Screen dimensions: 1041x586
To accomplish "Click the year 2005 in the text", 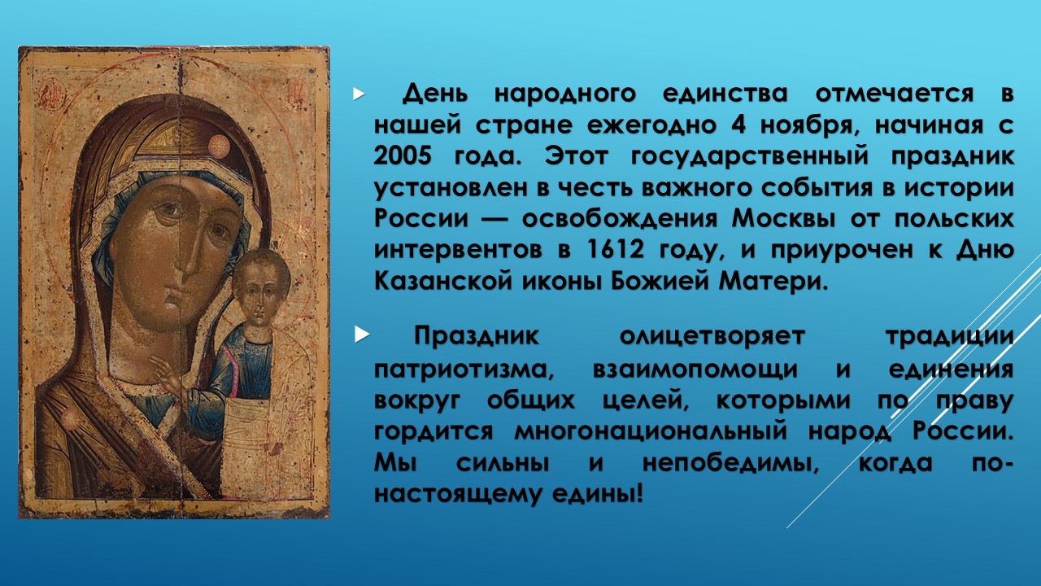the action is pyautogui.click(x=403, y=156).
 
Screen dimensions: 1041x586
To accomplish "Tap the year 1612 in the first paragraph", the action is pyautogui.click(x=616, y=250).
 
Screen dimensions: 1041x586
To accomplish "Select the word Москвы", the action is pyautogui.click(x=783, y=219).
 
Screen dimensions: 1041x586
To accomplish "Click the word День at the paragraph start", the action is pyautogui.click(x=435, y=94).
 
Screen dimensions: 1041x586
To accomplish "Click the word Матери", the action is pyautogui.click(x=773, y=282).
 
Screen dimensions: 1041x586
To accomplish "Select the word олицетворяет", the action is pyautogui.click(x=712, y=337).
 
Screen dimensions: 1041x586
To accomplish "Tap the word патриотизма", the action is pyautogui.click(x=464, y=370).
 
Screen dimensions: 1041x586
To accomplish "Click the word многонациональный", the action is pyautogui.click(x=651, y=431).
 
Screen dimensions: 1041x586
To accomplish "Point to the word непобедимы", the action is pyautogui.click(x=730, y=463).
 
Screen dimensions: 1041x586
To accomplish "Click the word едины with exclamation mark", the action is pyautogui.click(x=598, y=494).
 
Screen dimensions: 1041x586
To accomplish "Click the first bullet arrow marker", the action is pyautogui.click(x=359, y=94).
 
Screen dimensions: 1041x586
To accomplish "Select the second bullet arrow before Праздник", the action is pyautogui.click(x=361, y=334).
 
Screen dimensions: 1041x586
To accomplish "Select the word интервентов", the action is pyautogui.click(x=458, y=250).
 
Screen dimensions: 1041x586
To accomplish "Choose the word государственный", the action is pyautogui.click(x=749, y=157).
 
